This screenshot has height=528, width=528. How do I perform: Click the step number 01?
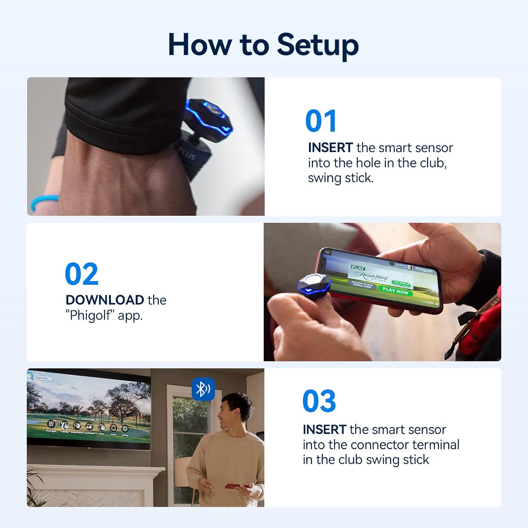pos(321,121)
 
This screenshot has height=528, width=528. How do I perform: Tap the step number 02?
pos(82,274)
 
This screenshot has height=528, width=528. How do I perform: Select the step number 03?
pos(319,401)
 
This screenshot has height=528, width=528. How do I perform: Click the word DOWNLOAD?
pos(105,300)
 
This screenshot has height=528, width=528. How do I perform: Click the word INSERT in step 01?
pos(330,148)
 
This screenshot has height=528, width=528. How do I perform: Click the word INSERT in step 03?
pos(325,430)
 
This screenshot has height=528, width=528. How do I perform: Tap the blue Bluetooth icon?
pos(203,389)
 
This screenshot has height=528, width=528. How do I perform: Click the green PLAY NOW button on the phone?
pos(395,291)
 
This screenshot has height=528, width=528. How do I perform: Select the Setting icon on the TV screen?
pos(125,429)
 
